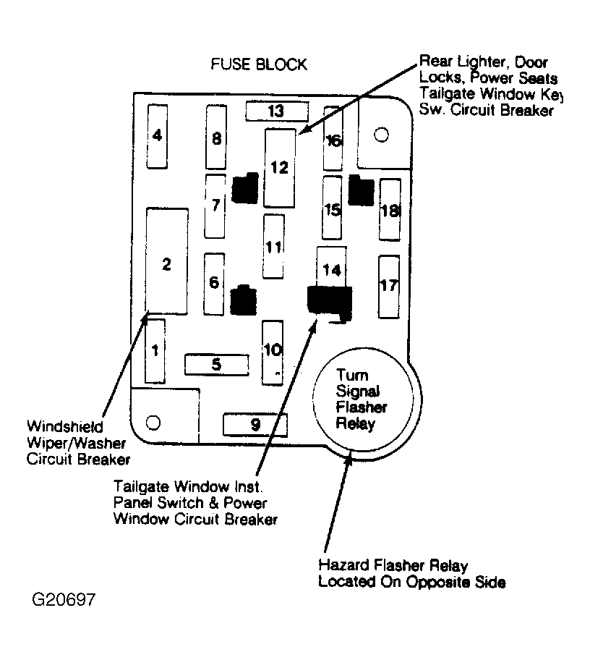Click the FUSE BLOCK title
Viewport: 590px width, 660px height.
pyautogui.click(x=259, y=64)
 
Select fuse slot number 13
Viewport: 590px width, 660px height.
pyautogui.click(x=277, y=111)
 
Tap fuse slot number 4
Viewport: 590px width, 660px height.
pyautogui.click(x=158, y=136)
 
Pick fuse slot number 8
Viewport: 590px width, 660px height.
pyautogui.click(x=216, y=137)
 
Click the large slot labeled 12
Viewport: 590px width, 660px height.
pyautogui.click(x=280, y=168)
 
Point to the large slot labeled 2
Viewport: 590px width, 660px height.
pyautogui.click(x=166, y=261)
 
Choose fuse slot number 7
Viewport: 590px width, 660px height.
pyautogui.click(x=215, y=206)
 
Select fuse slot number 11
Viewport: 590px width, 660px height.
pyautogui.click(x=273, y=246)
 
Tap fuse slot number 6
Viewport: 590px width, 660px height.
pyautogui.click(x=214, y=284)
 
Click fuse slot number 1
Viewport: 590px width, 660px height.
pyautogui.click(x=155, y=351)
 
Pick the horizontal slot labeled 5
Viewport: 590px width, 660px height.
pyautogui.click(x=217, y=365)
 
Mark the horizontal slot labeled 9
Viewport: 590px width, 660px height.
pyautogui.click(x=255, y=425)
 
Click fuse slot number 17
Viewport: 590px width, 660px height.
pyautogui.click(x=388, y=287)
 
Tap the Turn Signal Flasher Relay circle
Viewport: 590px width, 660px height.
pyautogui.click(x=367, y=399)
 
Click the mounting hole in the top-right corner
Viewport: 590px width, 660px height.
pyautogui.click(x=382, y=135)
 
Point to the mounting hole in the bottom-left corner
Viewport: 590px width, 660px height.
pyautogui.click(x=153, y=422)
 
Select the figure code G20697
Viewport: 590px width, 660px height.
pyautogui.click(x=64, y=599)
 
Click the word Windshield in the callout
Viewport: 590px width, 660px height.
pyautogui.click(x=65, y=426)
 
